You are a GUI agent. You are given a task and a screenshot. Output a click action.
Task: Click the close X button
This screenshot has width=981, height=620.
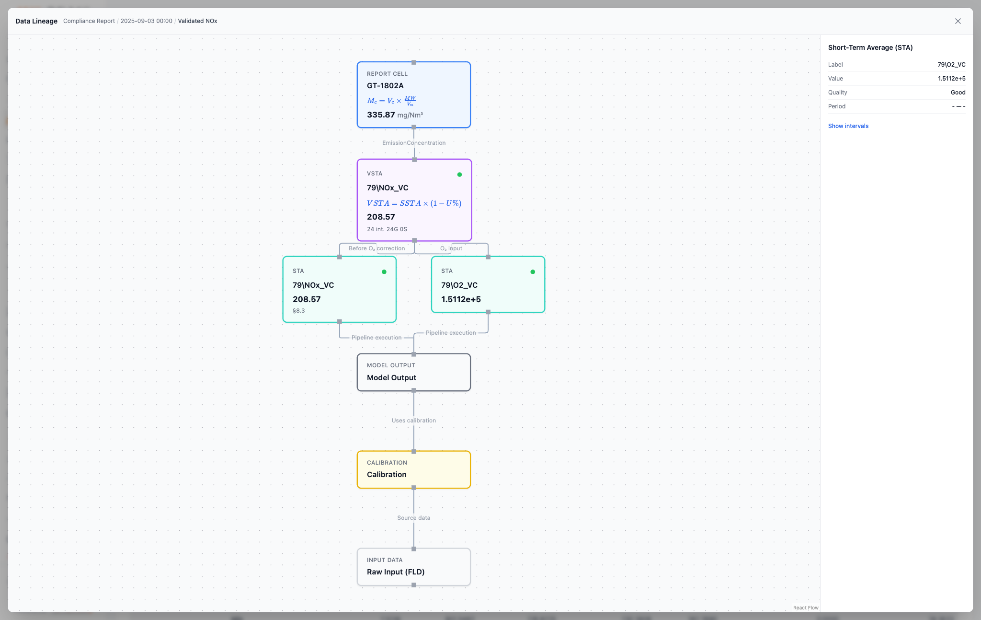click(x=958, y=21)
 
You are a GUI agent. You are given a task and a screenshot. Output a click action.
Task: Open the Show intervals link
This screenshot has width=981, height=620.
click(x=848, y=126)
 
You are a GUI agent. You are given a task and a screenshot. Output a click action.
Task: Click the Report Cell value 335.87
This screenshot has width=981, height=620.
click(x=381, y=115)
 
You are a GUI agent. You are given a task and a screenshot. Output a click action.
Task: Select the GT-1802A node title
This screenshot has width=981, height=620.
click(x=385, y=86)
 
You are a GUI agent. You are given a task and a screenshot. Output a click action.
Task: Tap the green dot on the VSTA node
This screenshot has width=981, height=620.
click(x=459, y=175)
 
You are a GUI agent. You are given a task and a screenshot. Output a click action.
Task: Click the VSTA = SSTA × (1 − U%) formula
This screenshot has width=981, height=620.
click(x=414, y=203)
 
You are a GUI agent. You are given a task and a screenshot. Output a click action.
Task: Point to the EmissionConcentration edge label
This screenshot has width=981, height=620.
click(x=414, y=143)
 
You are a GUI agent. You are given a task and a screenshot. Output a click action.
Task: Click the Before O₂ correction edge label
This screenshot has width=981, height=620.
click(x=376, y=248)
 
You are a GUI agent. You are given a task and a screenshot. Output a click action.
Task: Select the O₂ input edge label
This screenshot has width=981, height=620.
click(x=451, y=248)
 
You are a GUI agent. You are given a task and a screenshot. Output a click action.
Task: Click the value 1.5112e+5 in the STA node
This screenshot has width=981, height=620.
click(x=461, y=299)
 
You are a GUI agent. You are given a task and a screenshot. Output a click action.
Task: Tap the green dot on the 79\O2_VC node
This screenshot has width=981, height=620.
click(x=533, y=272)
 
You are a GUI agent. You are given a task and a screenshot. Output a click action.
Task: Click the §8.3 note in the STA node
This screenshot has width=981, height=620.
click(x=298, y=311)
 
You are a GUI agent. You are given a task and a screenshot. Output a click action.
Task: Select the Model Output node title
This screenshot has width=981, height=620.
click(x=391, y=378)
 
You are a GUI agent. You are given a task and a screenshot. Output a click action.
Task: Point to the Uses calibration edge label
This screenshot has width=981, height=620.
click(x=414, y=421)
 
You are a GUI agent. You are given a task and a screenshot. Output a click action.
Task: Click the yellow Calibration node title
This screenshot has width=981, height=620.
click(x=387, y=475)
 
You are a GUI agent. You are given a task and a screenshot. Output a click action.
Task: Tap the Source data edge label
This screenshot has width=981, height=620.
click(x=414, y=518)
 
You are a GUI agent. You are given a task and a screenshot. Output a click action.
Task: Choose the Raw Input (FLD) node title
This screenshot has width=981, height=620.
click(x=396, y=572)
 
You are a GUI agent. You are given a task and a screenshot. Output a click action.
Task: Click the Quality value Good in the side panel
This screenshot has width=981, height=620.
click(x=958, y=93)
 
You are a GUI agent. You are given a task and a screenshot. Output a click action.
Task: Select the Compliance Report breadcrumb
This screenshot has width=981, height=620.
click(x=89, y=21)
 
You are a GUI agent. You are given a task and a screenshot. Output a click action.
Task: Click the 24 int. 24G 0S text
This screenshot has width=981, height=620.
click(x=387, y=229)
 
